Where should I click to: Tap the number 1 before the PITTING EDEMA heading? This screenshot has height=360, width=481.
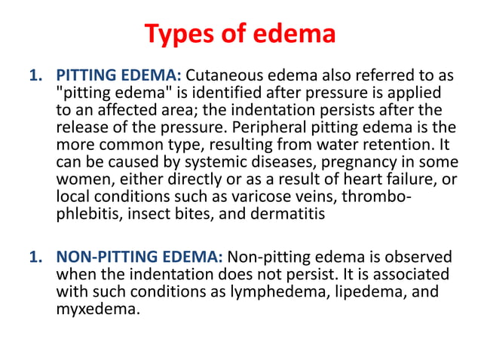pyautogui.click(x=33, y=77)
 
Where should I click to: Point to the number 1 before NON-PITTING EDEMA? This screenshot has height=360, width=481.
pyautogui.click(x=33, y=258)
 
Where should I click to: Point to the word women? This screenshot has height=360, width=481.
pyautogui.click(x=81, y=175)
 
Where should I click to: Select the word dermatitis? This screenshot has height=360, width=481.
pyautogui.click(x=291, y=208)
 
